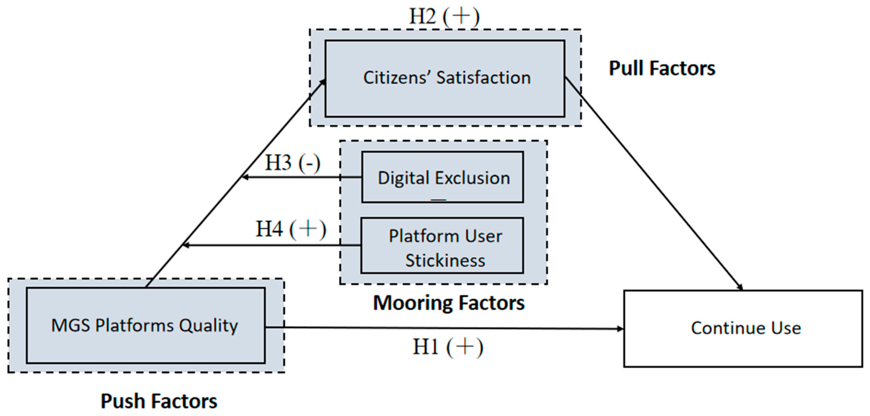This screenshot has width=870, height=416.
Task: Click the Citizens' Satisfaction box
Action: tap(444, 78)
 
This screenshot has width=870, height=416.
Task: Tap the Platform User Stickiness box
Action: tap(442, 245)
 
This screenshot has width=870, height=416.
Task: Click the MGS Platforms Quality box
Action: tap(145, 325)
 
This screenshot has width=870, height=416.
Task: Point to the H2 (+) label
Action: tap(444, 16)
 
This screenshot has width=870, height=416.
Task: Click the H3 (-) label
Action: tap(292, 163)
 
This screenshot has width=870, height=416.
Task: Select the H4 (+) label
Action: tap(291, 229)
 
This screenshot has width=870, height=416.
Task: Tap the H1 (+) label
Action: tap(448, 347)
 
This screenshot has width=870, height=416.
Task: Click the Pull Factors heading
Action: tap(662, 68)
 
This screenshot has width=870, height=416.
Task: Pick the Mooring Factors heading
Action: tap(449, 303)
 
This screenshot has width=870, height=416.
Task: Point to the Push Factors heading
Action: tap(159, 401)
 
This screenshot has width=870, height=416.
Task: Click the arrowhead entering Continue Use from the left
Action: tap(620, 329)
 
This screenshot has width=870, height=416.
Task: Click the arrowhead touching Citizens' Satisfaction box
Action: tap(323, 82)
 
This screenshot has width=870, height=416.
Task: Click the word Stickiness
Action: tap(445, 261)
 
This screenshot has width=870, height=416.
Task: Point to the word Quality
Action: tap(208, 326)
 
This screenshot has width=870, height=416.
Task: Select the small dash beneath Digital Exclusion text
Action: tap(438, 200)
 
